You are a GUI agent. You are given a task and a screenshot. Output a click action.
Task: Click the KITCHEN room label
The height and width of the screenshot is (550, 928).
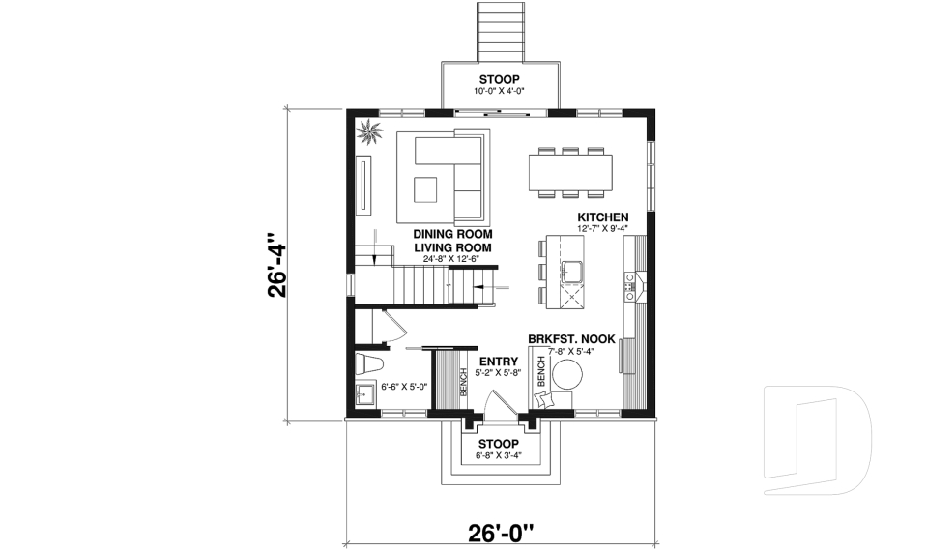coord(603,217)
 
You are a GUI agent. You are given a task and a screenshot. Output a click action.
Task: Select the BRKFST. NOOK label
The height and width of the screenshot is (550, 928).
coord(572,339)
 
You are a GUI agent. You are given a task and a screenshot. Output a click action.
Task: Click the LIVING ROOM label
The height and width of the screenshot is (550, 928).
coord(453,247)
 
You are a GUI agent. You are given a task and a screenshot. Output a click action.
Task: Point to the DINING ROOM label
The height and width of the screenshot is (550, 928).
coord(453,234)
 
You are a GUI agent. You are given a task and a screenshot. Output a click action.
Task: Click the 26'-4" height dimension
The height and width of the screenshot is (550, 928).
coord(279,264)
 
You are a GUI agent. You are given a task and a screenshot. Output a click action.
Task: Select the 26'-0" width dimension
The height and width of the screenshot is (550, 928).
coord(501,533)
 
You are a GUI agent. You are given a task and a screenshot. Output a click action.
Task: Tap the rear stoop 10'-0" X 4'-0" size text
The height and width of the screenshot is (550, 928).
coord(499,92)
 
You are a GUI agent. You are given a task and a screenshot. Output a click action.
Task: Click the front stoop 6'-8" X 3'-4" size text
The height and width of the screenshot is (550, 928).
coord(499,455)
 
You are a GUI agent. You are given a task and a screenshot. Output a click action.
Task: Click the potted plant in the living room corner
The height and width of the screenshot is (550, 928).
coord(368,133)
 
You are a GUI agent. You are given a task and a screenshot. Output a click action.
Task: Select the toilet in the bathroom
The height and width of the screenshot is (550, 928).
coord(371,366)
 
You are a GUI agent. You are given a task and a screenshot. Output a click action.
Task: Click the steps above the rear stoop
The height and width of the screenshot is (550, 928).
coord(499,31)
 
